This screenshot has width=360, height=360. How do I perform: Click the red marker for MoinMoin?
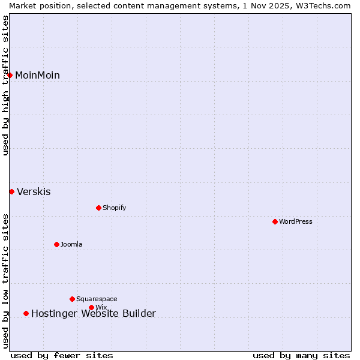[10, 75]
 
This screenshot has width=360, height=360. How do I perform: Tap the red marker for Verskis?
[11, 191]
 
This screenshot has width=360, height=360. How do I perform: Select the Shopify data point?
[98, 208]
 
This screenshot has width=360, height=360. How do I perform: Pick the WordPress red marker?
[275, 221]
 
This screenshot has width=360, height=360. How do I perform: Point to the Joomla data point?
[56, 244]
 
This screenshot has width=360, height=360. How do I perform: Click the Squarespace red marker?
[72, 299]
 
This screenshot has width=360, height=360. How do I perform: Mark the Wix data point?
[91, 307]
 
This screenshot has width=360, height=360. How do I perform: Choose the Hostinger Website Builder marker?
[26, 313]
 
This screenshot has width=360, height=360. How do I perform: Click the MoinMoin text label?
[37, 75]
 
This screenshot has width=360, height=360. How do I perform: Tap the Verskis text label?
[34, 192]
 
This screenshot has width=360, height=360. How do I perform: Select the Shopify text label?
[114, 208]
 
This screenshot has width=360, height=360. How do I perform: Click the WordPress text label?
[296, 221]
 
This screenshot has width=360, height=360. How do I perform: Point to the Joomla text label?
[71, 244]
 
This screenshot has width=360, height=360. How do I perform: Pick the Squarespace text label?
[97, 299]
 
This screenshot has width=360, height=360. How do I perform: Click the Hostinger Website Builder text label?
[94, 313]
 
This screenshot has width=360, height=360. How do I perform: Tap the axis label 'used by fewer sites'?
[62, 356]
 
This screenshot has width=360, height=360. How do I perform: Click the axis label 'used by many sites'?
[301, 356]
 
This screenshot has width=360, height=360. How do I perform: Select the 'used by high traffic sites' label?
[5, 85]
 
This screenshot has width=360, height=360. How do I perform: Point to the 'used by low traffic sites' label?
[5, 280]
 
